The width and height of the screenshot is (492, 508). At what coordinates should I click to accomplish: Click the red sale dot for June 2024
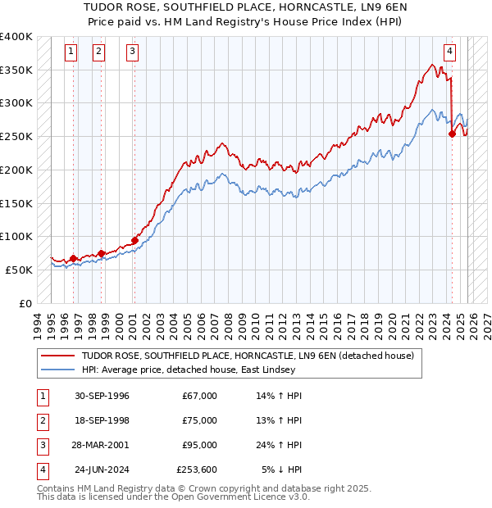(452, 134)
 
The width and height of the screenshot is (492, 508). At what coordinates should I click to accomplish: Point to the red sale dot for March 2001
(134, 240)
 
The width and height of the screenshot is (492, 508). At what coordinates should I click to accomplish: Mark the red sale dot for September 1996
(73, 258)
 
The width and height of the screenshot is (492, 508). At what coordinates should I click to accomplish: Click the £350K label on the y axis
(16, 70)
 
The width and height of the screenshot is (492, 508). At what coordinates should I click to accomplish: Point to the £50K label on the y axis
(18, 270)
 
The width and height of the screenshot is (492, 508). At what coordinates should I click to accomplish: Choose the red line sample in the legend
(57, 356)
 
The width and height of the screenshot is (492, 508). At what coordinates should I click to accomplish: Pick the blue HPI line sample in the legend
(57, 370)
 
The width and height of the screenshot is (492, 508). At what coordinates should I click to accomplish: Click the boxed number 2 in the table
(41, 420)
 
